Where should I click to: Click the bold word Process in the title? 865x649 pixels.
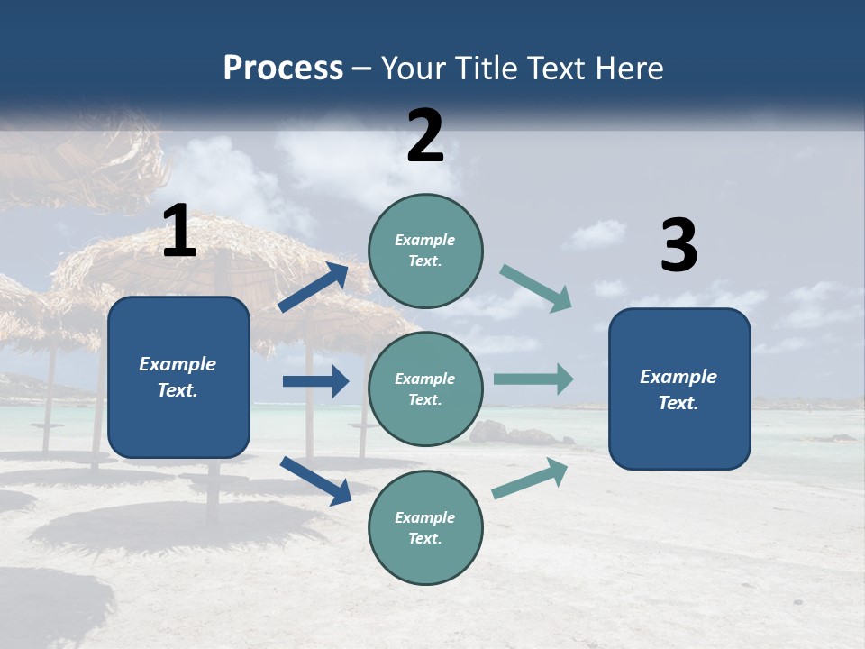(x=283, y=69)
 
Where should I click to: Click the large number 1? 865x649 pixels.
(x=179, y=232)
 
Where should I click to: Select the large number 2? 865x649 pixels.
(x=425, y=136)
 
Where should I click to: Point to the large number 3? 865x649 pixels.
(x=678, y=246)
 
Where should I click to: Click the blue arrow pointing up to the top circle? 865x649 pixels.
(x=314, y=288)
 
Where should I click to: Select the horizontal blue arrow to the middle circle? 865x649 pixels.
(x=315, y=381)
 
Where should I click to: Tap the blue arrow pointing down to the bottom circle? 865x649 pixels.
(x=315, y=480)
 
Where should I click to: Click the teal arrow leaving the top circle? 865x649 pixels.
(x=536, y=288)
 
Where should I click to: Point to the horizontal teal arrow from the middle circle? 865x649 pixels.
(x=533, y=379)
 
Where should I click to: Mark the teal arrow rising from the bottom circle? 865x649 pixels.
(x=530, y=479)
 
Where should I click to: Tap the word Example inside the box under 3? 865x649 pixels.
(x=678, y=377)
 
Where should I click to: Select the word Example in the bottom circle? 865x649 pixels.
(x=425, y=517)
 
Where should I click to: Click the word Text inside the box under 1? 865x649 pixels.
(x=177, y=390)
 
